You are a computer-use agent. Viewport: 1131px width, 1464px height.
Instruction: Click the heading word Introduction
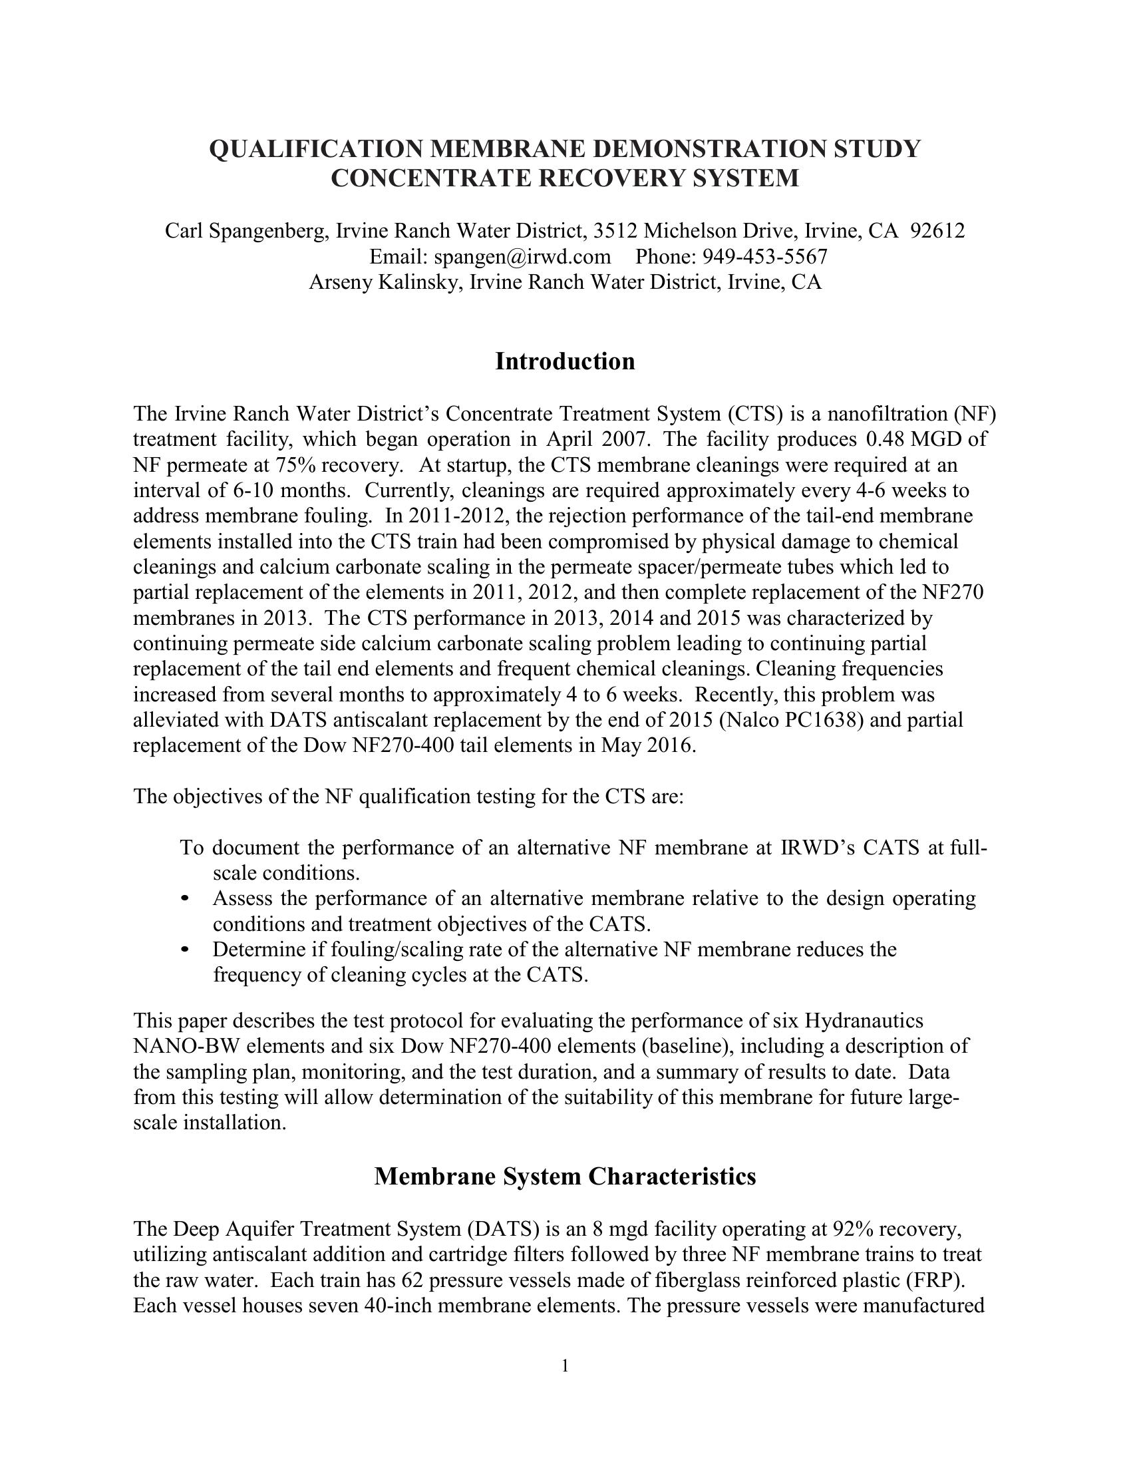tap(565, 362)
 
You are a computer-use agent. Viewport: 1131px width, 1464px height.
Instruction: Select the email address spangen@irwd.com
tap(523, 257)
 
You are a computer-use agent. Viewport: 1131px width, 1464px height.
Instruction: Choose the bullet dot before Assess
tap(186, 898)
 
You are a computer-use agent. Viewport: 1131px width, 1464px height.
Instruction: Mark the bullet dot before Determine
tap(186, 950)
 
